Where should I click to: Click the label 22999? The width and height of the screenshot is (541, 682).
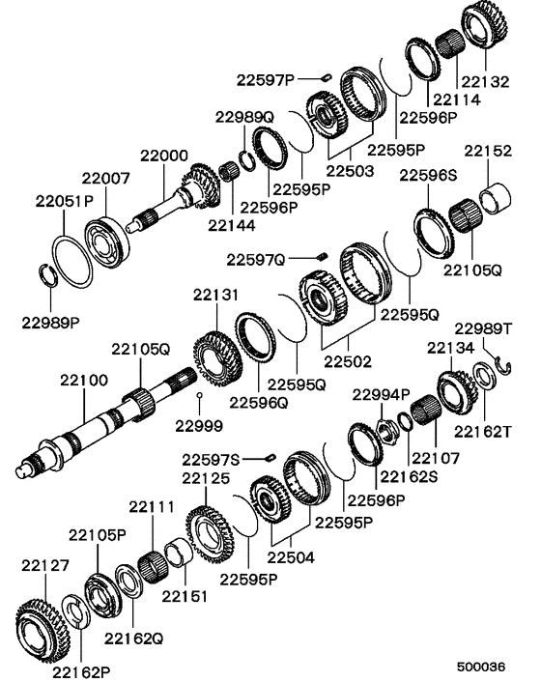[200, 424]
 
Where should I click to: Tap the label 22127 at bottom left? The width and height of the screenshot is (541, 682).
[43, 566]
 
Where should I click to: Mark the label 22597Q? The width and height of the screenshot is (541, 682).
[256, 259]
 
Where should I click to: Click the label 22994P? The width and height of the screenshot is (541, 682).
[381, 394]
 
